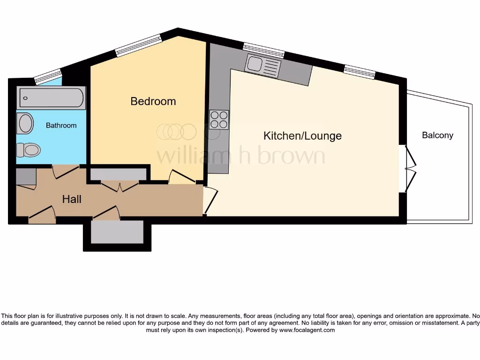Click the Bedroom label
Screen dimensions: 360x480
point(153,101)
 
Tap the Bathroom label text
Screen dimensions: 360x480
point(61,126)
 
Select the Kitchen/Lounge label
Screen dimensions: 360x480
point(302,136)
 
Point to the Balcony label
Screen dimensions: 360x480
point(438,135)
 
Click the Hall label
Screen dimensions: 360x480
point(72,199)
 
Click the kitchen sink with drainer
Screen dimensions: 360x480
point(263,66)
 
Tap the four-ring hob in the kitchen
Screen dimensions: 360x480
point(219,119)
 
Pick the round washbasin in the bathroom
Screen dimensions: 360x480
point(25,124)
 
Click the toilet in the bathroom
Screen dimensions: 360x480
point(28,150)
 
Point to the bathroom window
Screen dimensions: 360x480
point(48,75)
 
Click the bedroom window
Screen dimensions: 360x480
point(139,45)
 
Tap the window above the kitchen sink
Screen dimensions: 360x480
point(263,49)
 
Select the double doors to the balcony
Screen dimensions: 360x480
point(409,169)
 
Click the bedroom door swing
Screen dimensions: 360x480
point(182,176)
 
